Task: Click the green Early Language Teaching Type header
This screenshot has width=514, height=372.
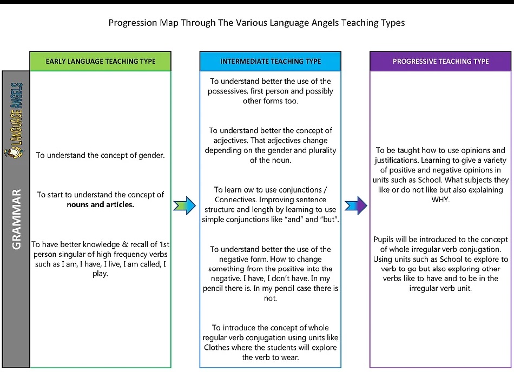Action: tap(100, 61)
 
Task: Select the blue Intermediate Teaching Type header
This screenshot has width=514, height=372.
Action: tap(271, 61)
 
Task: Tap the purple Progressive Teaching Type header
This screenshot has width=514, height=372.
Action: tap(440, 61)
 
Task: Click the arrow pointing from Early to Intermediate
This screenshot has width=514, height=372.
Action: tap(184, 205)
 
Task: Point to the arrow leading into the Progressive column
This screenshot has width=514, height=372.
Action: tap(356, 205)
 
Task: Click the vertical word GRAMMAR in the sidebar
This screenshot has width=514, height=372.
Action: tap(16, 219)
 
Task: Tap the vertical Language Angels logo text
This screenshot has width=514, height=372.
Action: tap(16, 114)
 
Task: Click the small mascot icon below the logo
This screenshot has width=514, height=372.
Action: tap(14, 152)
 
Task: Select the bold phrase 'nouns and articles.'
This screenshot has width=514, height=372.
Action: tap(100, 205)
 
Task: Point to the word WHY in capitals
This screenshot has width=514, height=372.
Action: tap(440, 200)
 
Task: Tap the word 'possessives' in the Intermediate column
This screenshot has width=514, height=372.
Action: tap(227, 91)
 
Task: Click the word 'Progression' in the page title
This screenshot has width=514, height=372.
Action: tap(133, 23)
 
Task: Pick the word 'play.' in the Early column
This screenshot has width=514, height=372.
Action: tap(100, 274)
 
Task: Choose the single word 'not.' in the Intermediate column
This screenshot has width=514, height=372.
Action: tap(271, 298)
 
